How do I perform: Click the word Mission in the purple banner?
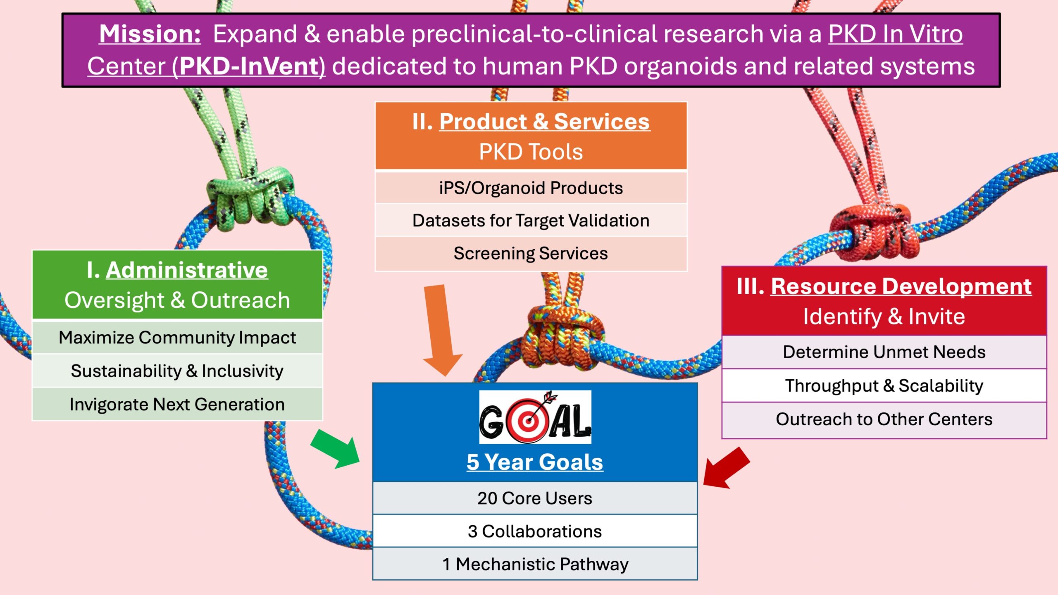click(150, 34)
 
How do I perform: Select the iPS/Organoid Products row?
click(531, 188)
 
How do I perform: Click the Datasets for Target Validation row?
click(531, 220)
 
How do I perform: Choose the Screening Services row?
click(531, 253)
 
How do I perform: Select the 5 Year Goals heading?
click(535, 462)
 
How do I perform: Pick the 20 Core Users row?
click(535, 498)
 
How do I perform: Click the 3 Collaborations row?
click(535, 531)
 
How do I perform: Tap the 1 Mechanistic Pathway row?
click(535, 564)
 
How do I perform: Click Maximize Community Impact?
click(177, 338)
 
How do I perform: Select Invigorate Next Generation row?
click(177, 404)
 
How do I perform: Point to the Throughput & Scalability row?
click(884, 386)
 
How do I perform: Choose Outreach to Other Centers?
click(884, 419)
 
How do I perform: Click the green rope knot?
click(250, 198)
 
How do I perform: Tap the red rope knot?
click(874, 231)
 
